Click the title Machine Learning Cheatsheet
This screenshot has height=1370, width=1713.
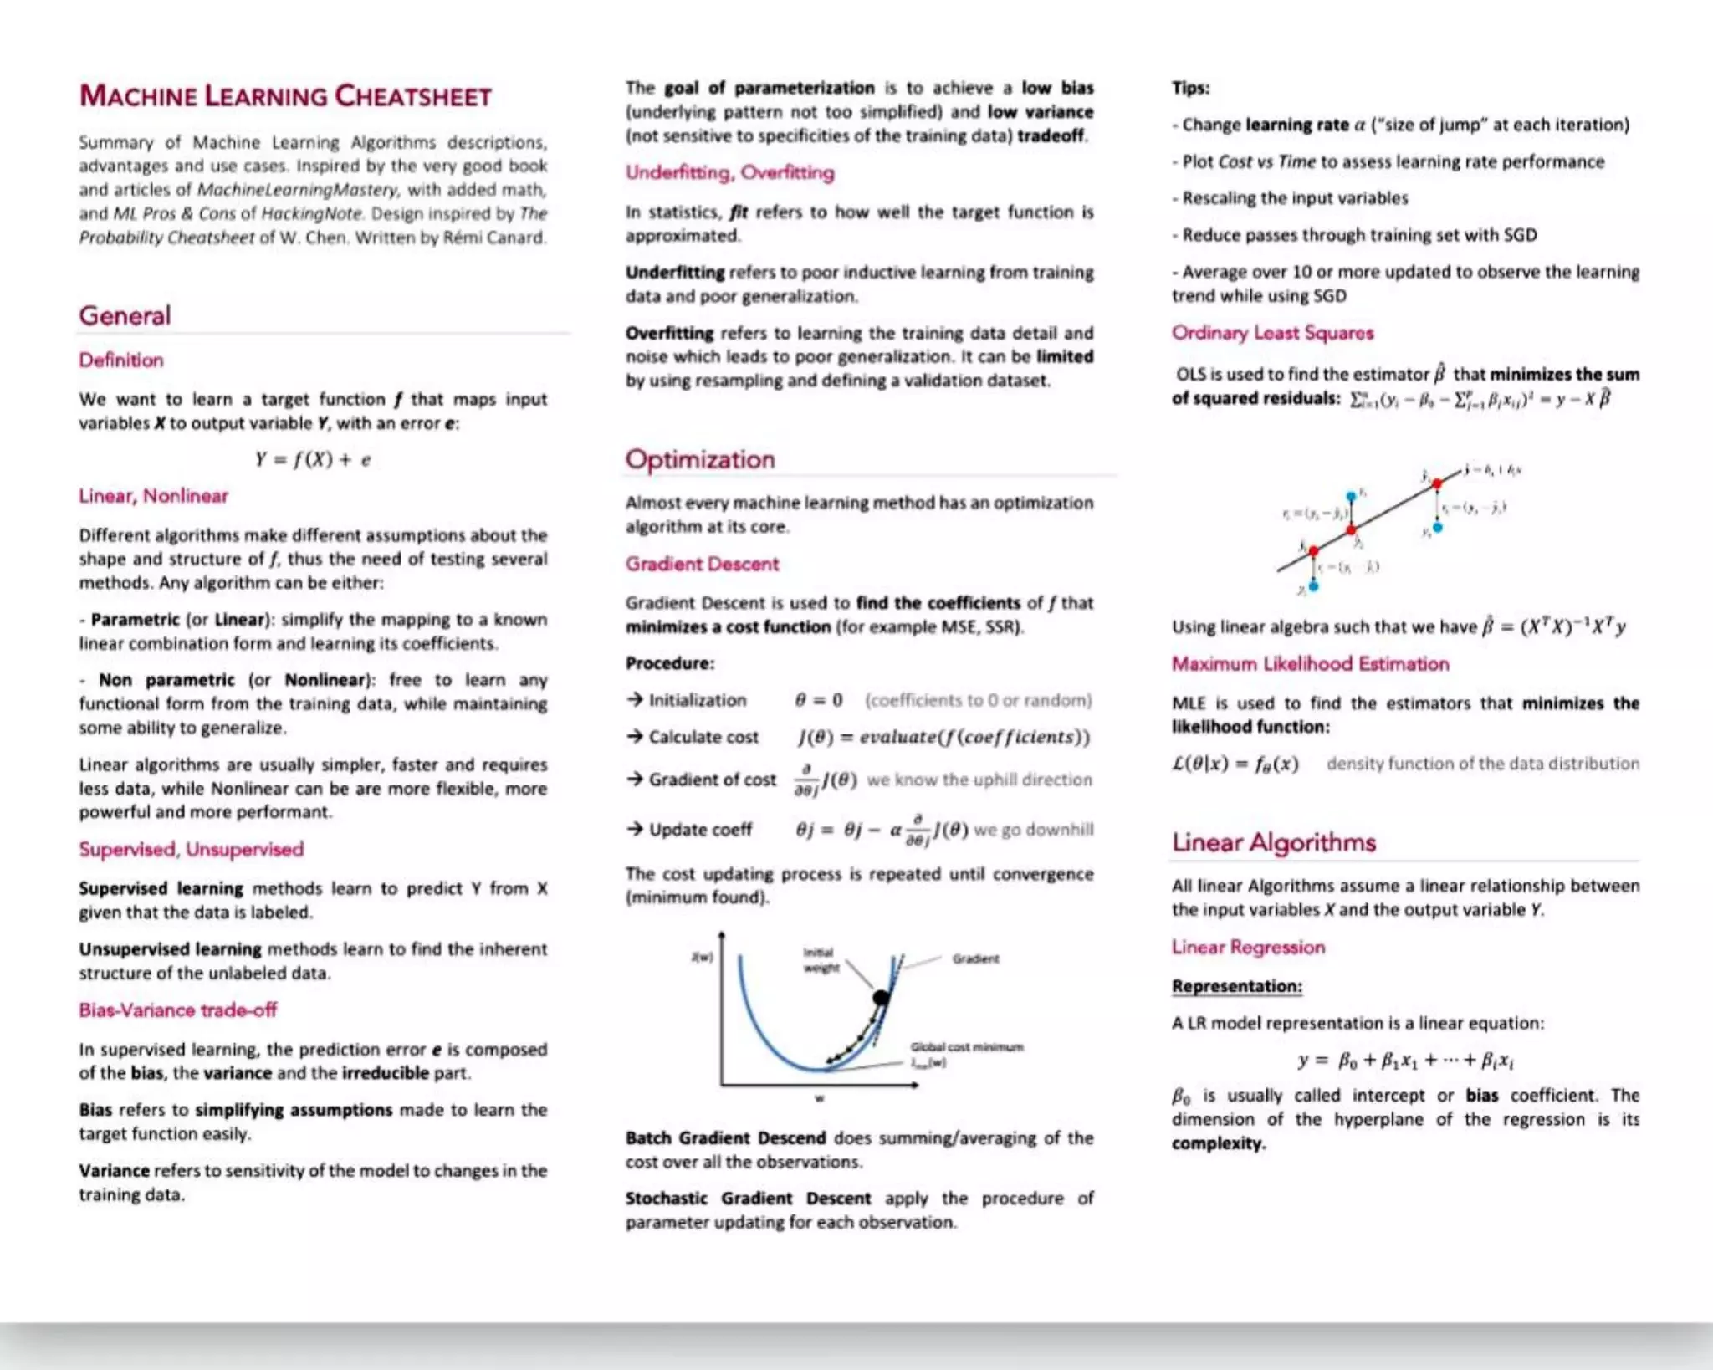tap(285, 96)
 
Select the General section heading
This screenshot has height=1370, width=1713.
tap(125, 316)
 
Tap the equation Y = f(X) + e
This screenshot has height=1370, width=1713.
tap(313, 459)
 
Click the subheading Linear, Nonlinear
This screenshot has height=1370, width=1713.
tap(153, 496)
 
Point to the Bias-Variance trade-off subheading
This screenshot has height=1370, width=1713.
tap(177, 1010)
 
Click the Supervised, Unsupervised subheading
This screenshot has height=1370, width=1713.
tap(191, 849)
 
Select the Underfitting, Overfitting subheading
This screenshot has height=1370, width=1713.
tap(729, 172)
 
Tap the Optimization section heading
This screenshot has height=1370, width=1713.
tap(700, 459)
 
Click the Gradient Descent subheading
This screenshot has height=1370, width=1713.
tap(702, 564)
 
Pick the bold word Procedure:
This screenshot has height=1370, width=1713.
tap(670, 663)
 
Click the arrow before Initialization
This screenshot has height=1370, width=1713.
tap(635, 699)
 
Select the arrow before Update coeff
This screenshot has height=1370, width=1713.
tap(635, 829)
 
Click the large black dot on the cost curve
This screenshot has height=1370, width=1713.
tap(881, 997)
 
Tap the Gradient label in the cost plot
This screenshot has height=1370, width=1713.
tap(975, 958)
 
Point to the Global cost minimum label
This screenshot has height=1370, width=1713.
tap(966, 1047)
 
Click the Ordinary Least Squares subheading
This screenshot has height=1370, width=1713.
tap(1272, 333)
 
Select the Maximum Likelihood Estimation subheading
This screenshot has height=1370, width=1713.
tap(1310, 664)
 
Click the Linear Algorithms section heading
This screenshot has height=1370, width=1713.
tap(1273, 842)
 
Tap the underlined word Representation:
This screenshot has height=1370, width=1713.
tap(1236, 986)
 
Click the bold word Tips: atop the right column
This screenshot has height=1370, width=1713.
tap(1190, 88)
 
